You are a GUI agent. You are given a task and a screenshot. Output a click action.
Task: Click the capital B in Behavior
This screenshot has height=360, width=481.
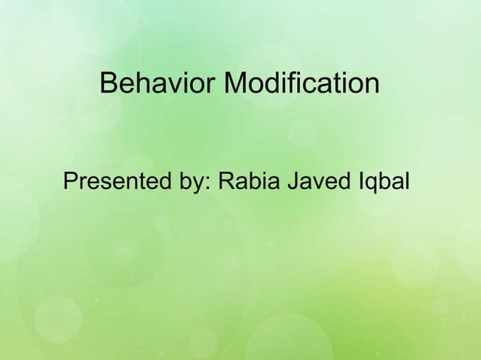[108, 84]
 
